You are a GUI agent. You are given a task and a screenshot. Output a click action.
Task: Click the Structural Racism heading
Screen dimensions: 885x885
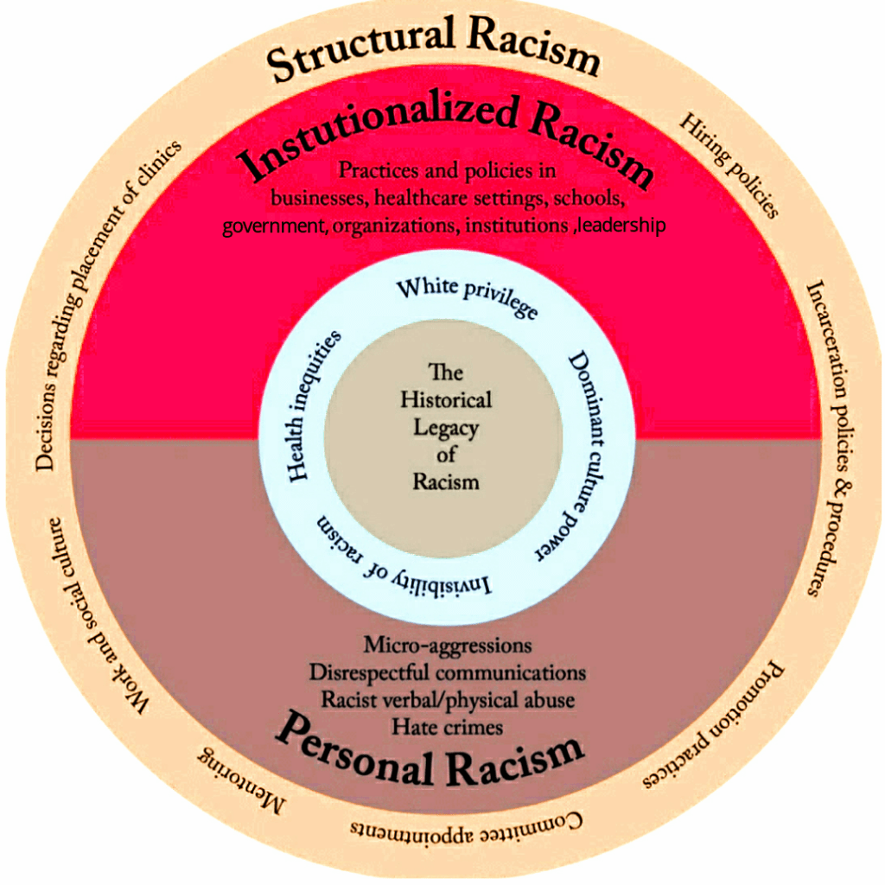(x=432, y=49)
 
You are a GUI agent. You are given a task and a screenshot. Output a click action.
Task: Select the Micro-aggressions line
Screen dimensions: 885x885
(x=448, y=645)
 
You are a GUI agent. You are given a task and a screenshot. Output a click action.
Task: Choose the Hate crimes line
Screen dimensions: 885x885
(x=447, y=727)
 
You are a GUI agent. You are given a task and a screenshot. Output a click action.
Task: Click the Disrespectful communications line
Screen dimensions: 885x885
(x=447, y=672)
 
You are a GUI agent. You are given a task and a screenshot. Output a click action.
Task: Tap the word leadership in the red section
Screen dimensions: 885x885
(x=621, y=226)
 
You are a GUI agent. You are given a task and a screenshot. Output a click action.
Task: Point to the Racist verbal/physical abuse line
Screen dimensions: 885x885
(x=448, y=699)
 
